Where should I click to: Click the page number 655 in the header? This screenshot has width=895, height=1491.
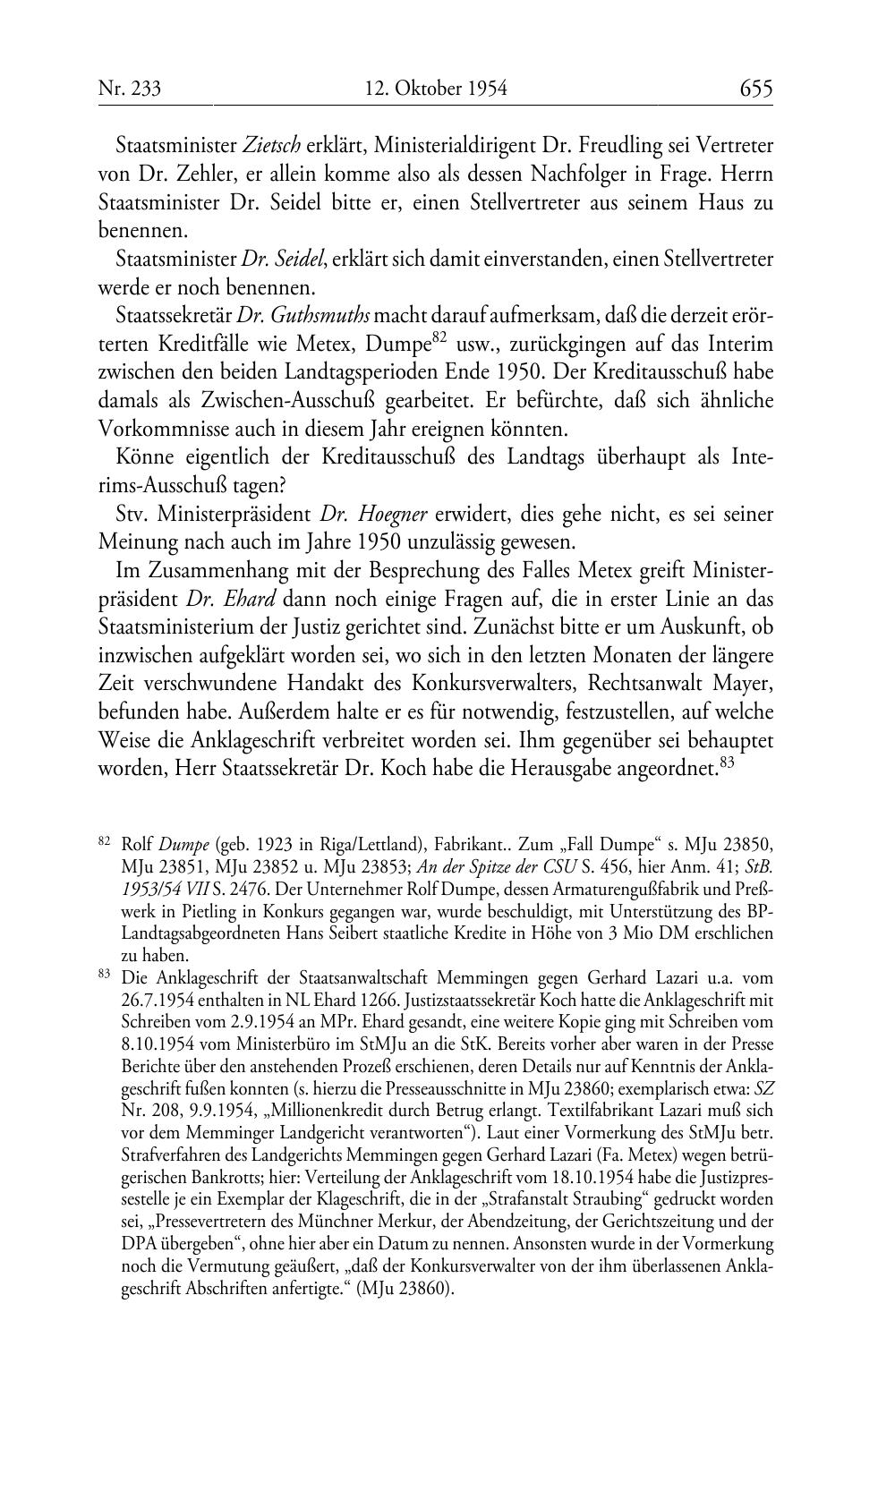coord(755,89)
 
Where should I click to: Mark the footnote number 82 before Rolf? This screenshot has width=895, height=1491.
coord(104,841)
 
